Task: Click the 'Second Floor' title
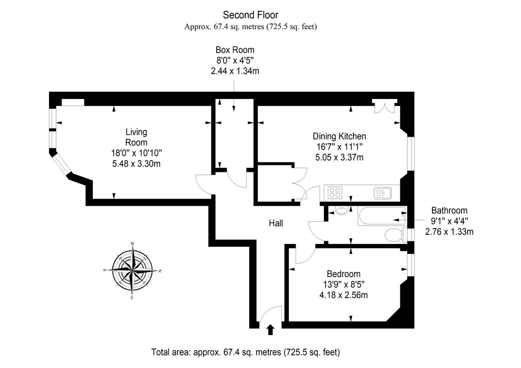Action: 251,15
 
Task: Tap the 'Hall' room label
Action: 276,223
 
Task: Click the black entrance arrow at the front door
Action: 270,330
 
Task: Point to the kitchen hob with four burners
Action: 335,192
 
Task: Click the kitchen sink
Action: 383,192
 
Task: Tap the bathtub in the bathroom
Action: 381,216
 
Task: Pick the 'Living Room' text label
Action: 136,137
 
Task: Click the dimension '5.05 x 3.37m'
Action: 339,158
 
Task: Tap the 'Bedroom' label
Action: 343,274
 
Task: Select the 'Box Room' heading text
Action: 235,50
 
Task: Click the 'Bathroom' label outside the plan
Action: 449,210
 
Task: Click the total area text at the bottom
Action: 245,352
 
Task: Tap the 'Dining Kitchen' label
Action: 339,136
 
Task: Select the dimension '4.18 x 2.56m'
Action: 343,295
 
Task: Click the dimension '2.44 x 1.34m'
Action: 235,71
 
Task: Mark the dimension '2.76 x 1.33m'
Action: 449,232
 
